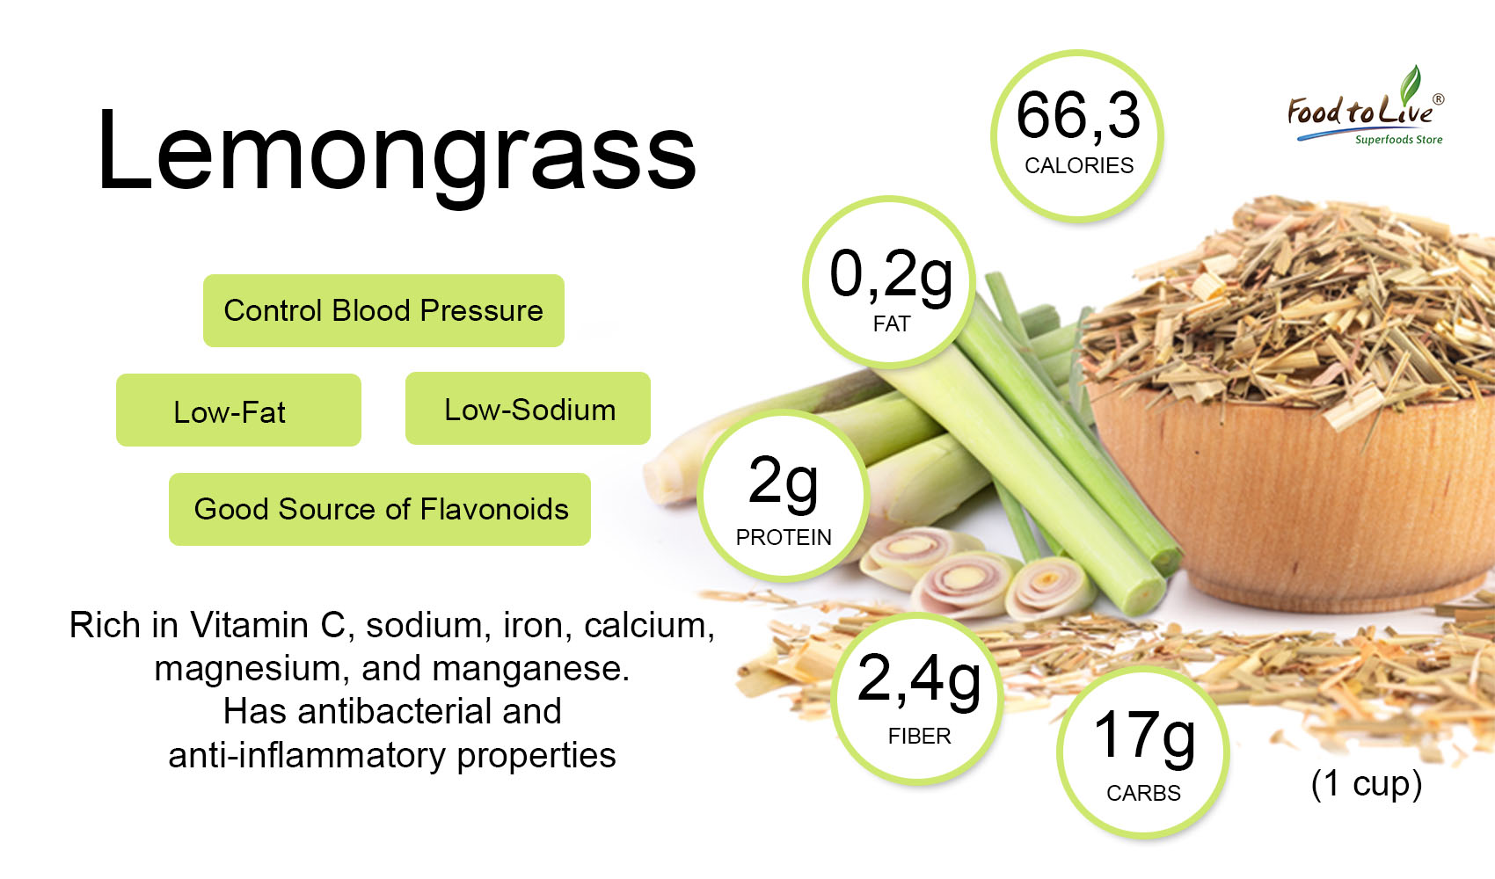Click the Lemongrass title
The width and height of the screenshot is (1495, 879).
397,154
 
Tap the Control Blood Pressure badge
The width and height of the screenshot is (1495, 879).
383,311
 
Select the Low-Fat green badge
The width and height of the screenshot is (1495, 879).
238,410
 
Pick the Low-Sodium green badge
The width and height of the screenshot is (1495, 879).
528,408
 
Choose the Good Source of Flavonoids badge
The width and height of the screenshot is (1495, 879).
380,510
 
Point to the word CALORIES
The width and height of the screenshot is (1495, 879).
1079,165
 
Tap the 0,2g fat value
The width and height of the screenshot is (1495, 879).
891,275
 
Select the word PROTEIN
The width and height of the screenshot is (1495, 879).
784,538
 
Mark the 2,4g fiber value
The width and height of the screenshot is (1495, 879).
919,680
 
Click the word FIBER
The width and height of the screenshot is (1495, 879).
919,737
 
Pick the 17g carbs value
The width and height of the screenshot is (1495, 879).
1144,737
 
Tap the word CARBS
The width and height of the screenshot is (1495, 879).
1143,793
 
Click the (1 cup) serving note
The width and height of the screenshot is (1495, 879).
1367,784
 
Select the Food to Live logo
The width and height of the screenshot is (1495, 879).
1366,106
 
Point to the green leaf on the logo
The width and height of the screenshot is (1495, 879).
1411,84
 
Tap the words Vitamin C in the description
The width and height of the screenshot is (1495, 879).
267,626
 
